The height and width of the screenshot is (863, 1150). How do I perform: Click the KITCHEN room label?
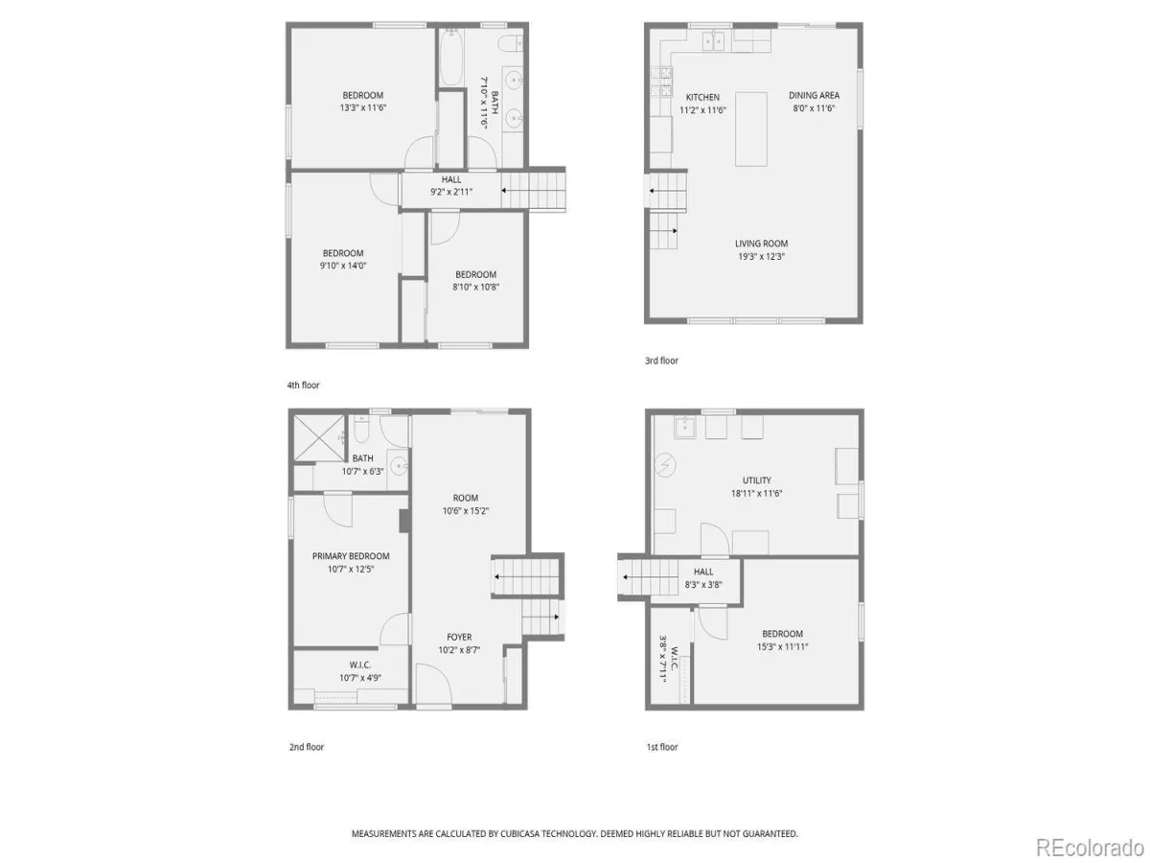pos(702,98)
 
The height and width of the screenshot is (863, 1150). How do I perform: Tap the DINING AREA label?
pos(814,95)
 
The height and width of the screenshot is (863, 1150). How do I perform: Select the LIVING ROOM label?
pos(761,244)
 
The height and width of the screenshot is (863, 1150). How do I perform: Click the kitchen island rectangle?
pos(750,129)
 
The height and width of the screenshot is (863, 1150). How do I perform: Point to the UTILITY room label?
pos(756,480)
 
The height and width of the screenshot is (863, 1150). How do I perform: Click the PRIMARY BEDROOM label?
pos(351,556)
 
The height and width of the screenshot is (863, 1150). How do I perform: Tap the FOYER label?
pos(459,637)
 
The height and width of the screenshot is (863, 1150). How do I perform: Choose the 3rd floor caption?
pos(661,361)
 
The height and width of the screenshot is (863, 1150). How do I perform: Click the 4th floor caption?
pos(303,385)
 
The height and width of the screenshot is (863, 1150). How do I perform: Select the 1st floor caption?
pos(661,747)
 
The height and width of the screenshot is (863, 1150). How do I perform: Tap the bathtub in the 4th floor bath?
pos(450,57)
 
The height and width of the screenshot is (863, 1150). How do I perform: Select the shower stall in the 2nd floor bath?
pos(318,438)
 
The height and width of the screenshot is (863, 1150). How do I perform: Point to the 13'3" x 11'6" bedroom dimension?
pos(362,108)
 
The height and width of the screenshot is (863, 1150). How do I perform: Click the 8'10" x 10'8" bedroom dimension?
pos(475,287)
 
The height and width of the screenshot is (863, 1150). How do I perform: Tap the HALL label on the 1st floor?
pos(703,572)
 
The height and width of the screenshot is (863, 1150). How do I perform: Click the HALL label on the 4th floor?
pos(451,179)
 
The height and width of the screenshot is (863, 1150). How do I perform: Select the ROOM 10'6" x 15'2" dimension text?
pos(465,511)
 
